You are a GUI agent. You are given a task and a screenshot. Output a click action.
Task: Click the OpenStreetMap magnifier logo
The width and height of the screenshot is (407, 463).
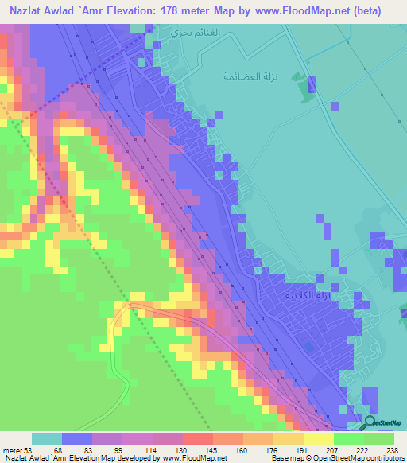370,422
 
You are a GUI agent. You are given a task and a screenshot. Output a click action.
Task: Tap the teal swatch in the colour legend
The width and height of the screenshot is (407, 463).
47,438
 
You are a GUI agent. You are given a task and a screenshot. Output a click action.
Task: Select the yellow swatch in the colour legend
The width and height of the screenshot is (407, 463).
319,438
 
